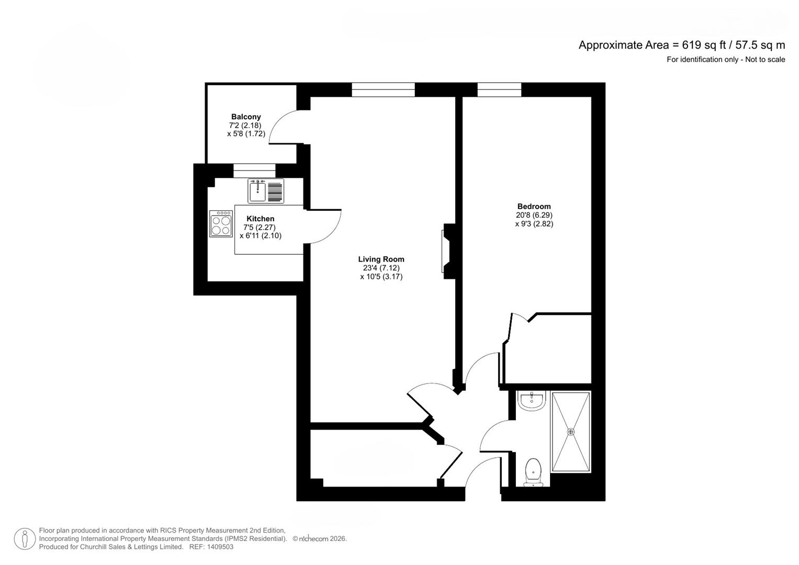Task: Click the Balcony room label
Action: coord(246,117)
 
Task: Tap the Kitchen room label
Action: coord(260,219)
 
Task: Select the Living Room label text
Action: coord(381,259)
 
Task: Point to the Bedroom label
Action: coord(534,206)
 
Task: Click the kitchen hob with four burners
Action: coord(221,224)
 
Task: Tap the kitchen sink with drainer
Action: coord(266,191)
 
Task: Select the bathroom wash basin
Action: coord(532,401)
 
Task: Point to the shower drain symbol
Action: coord(570,432)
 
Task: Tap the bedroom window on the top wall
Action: coord(499,90)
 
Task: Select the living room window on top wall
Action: coord(383,90)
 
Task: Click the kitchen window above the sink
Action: coord(254,171)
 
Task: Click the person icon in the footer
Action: coord(25,539)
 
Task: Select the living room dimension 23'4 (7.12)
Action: coord(381,268)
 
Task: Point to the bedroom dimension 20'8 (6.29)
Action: coord(534,215)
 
